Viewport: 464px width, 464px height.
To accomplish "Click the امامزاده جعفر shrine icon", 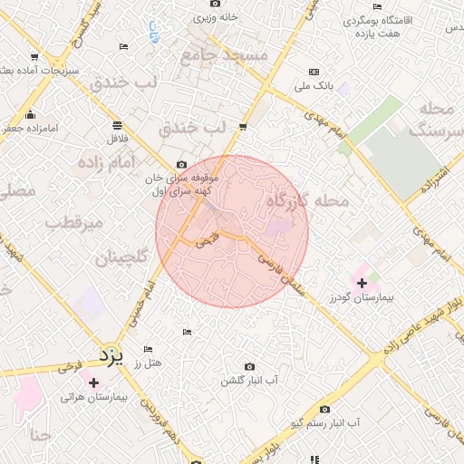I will pos(32,114).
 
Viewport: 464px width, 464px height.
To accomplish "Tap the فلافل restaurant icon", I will pos(118,125).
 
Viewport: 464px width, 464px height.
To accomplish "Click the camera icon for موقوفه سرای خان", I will pos(181,165).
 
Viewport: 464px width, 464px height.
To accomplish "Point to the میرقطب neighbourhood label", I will pos(72,223).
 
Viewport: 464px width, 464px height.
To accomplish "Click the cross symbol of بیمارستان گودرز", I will pos(362,283).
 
